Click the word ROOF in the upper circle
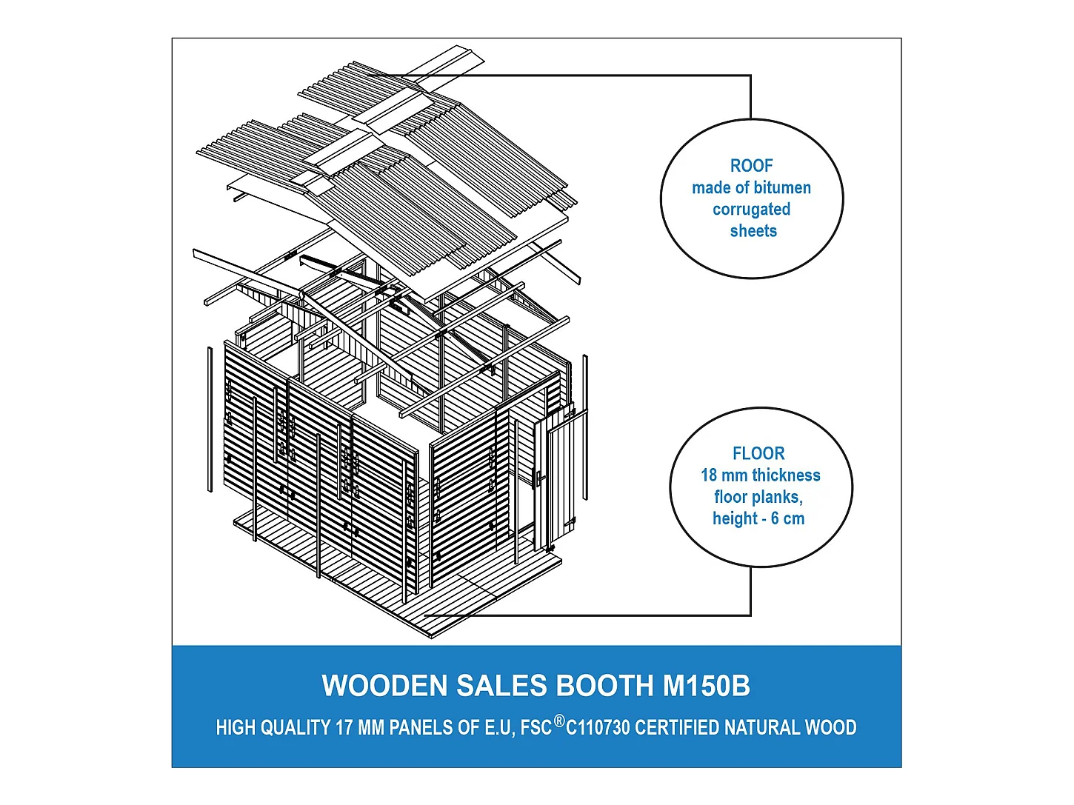pyautogui.click(x=751, y=166)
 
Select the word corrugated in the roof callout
pyautogui.click(x=751, y=210)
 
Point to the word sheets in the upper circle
pyautogui.click(x=753, y=231)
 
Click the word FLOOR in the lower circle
pyautogui.click(x=758, y=453)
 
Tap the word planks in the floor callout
pyautogui.click(x=779, y=497)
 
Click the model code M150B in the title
pyautogui.click(x=706, y=686)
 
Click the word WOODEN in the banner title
pyautogui.click(x=384, y=686)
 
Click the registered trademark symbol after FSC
pyautogui.click(x=559, y=721)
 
